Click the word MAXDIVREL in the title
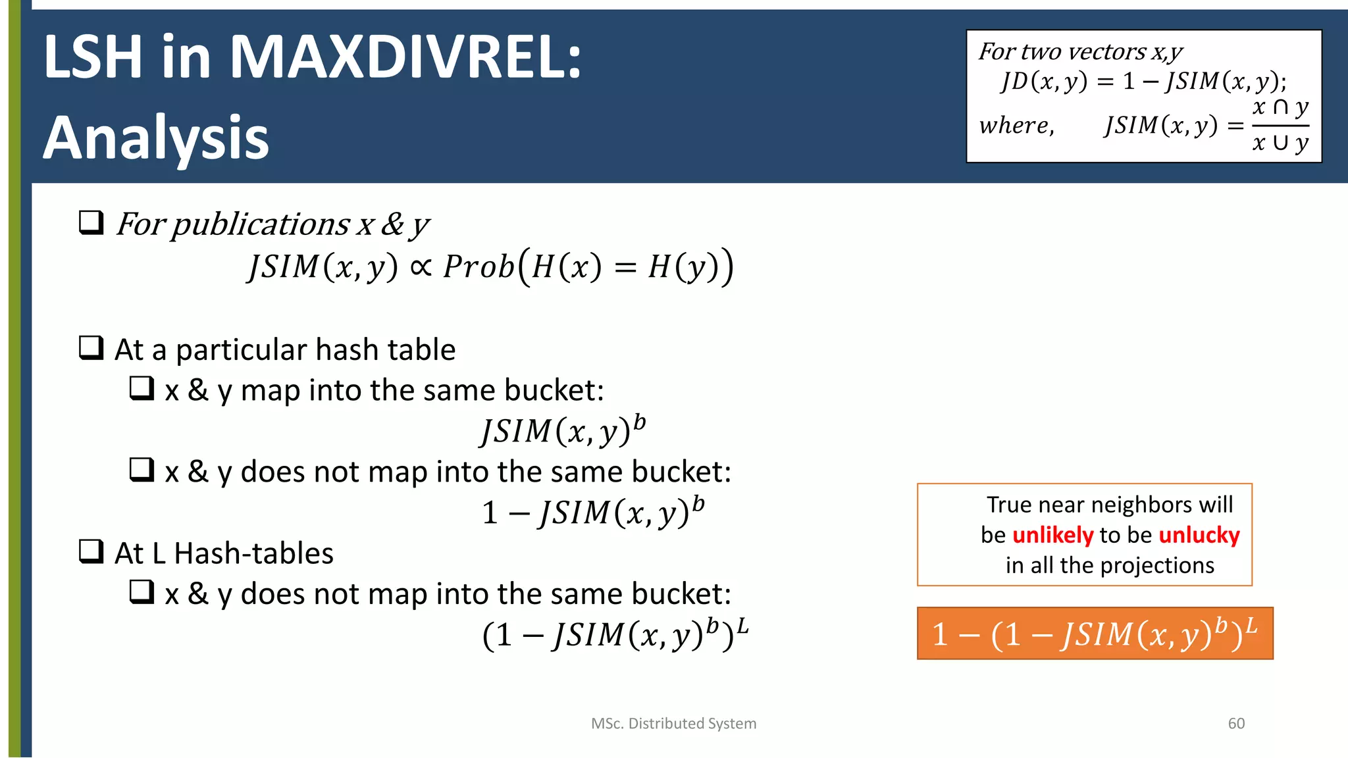click(x=405, y=58)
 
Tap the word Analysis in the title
click(x=156, y=138)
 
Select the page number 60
click(x=1236, y=723)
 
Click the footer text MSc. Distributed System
click(x=673, y=723)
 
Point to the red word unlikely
click(x=1052, y=535)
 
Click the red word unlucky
click(x=1199, y=535)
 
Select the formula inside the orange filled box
click(x=1095, y=634)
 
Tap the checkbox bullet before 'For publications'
click(x=91, y=223)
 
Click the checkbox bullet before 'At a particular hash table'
click(x=91, y=348)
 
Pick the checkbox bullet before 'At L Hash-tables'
click(x=91, y=551)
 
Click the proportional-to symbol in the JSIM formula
click(x=421, y=266)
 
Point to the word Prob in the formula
click(x=479, y=266)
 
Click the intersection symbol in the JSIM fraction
click(x=1280, y=107)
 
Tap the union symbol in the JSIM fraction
click(x=1280, y=143)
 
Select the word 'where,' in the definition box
click(x=1016, y=125)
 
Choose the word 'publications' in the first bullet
click(x=261, y=224)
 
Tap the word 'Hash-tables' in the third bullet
click(x=254, y=553)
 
